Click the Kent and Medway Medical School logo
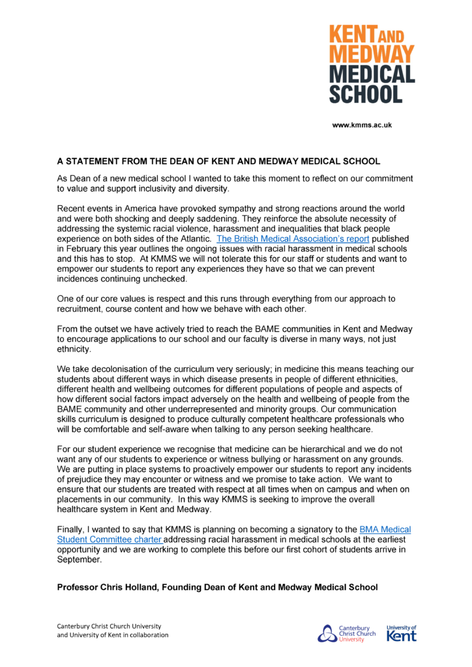[371, 64]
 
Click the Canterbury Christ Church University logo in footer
[346, 633]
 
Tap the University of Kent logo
[401, 633]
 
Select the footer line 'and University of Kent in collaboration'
[113, 635]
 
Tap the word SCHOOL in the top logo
[365, 94]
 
